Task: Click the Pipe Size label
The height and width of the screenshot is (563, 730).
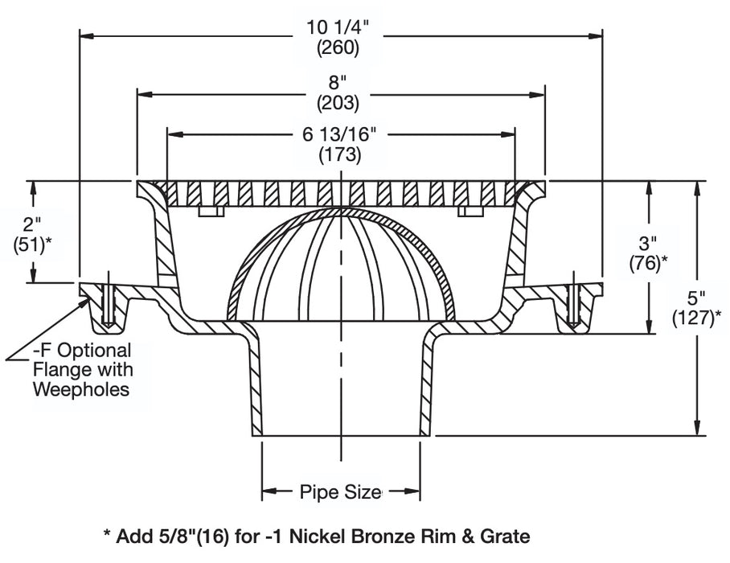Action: click(x=340, y=491)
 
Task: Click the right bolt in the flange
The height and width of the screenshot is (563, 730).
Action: click(x=572, y=303)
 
